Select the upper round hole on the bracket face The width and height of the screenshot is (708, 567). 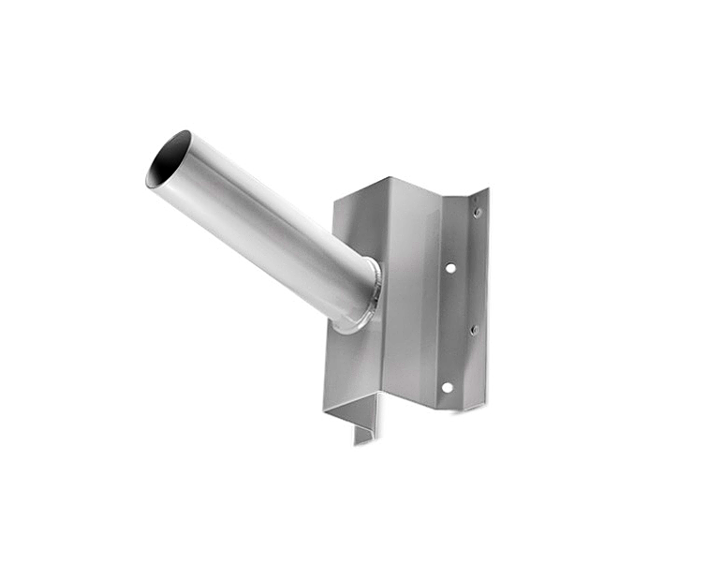coord(450,267)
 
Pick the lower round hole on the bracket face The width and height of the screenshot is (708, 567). coord(447,387)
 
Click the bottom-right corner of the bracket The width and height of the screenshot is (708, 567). coord(485,407)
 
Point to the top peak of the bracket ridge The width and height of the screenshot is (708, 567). coord(387,175)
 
